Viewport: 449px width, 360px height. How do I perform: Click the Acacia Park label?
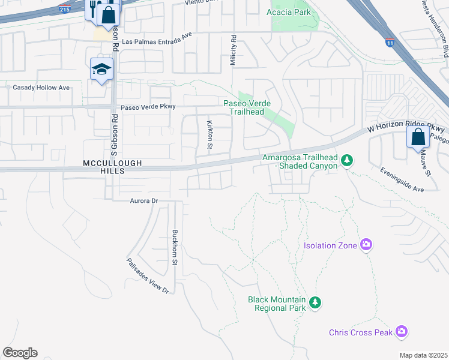tap(289, 12)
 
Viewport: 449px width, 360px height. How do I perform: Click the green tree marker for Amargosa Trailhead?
tap(346, 160)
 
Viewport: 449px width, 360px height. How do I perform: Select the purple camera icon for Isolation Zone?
tap(366, 245)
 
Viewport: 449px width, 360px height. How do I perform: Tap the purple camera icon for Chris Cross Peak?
tap(402, 331)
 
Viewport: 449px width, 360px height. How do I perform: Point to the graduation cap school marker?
tap(101, 70)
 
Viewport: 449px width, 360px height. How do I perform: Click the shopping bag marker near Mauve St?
tap(418, 137)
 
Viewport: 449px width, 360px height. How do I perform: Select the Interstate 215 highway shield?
tap(64, 9)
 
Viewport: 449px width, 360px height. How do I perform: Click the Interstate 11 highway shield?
tap(390, 43)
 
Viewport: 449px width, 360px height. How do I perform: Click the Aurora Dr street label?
tap(143, 201)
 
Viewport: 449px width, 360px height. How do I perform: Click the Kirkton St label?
tap(210, 131)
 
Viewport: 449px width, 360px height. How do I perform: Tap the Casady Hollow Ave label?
tap(41, 88)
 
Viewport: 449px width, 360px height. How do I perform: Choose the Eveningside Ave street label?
tap(402, 179)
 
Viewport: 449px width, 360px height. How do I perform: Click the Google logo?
tap(20, 353)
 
